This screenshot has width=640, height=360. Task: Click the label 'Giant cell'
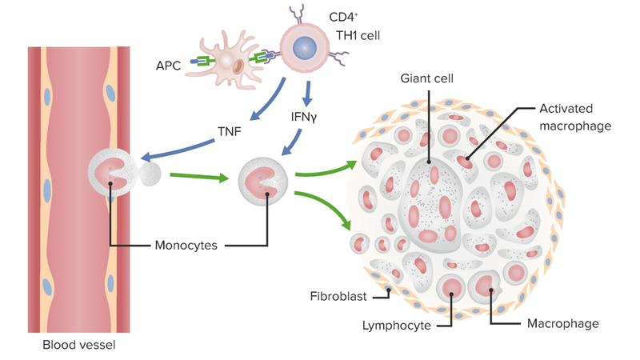(429, 78)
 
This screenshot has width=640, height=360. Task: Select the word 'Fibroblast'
(338, 297)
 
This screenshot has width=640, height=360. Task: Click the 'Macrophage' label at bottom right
(562, 324)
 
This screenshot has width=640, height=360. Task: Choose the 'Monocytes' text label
(186, 244)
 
